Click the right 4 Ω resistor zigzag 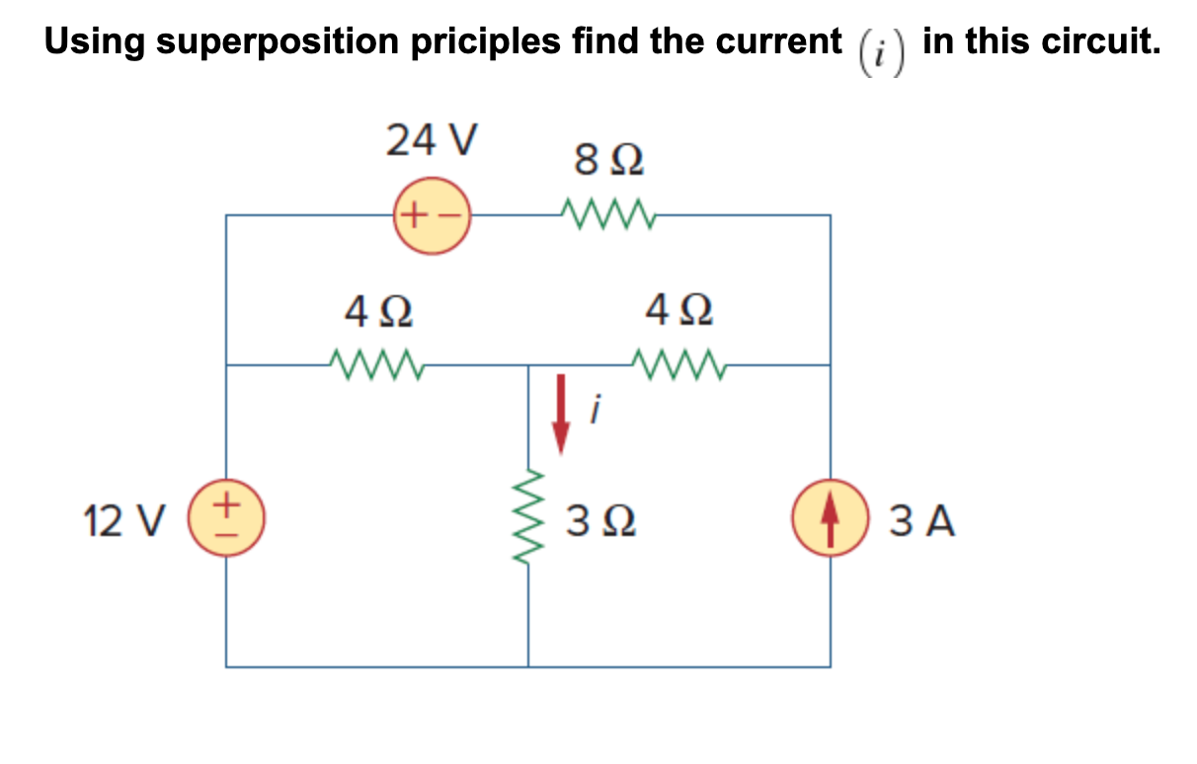(680, 365)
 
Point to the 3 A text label (922, 521)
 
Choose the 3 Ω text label (600, 521)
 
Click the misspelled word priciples (488, 41)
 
